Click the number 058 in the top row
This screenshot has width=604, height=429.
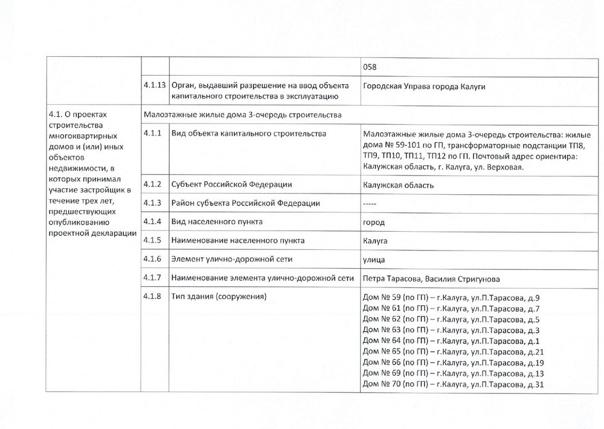pos(369,67)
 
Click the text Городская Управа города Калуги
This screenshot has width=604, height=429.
pos(424,86)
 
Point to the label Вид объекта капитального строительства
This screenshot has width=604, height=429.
pos(249,133)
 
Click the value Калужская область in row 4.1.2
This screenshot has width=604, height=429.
pos(398,185)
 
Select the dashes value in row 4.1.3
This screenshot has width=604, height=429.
pos(370,203)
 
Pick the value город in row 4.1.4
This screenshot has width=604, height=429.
pos(373,222)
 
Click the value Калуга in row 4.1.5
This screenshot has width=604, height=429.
pos(375,241)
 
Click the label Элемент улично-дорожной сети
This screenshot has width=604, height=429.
pos(232,260)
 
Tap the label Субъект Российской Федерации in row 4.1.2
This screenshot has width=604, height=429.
pos(233,184)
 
